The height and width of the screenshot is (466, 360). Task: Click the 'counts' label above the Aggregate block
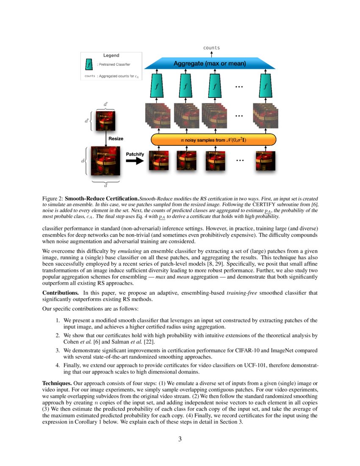211,48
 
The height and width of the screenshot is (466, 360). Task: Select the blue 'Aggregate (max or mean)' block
210,64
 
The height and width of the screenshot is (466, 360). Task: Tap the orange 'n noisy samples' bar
213,139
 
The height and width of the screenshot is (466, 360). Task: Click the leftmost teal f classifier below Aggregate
157,86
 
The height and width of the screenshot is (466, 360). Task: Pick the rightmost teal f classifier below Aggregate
265,86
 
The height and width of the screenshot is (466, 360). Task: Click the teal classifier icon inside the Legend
89,64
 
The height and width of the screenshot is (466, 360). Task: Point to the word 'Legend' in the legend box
111,55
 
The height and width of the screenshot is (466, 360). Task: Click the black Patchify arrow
135,161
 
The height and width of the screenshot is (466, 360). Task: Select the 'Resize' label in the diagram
116,139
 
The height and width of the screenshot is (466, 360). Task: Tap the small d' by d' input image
105,120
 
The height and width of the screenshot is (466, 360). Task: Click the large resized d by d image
105,161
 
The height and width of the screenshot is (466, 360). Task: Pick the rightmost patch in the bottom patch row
266,161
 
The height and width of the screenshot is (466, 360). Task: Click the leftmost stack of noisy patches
158,115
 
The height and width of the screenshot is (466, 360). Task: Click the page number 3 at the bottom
180,439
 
